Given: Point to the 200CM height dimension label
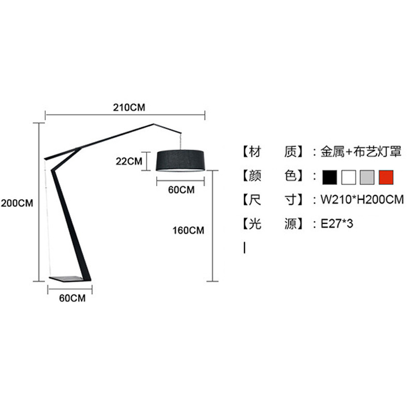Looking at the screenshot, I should pyautogui.click(x=17, y=203).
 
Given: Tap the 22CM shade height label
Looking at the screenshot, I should pyautogui.click(x=128, y=161).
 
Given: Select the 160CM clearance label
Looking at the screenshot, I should pyautogui.click(x=188, y=230).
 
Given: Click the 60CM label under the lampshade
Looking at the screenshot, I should pyautogui.click(x=181, y=190).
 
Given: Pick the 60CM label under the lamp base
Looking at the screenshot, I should pyautogui.click(x=72, y=299).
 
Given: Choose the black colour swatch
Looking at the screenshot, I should pyautogui.click(x=330, y=177).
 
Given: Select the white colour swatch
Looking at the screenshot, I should pyautogui.click(x=349, y=177).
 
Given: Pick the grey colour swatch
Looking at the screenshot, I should pyautogui.click(x=367, y=177).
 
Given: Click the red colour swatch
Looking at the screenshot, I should pyautogui.click(x=386, y=177).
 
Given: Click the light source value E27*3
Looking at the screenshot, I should pyautogui.click(x=336, y=224).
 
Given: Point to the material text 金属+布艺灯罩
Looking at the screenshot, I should pyautogui.click(x=361, y=152).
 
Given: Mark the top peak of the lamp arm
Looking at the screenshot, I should pyautogui.click(x=154, y=124).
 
